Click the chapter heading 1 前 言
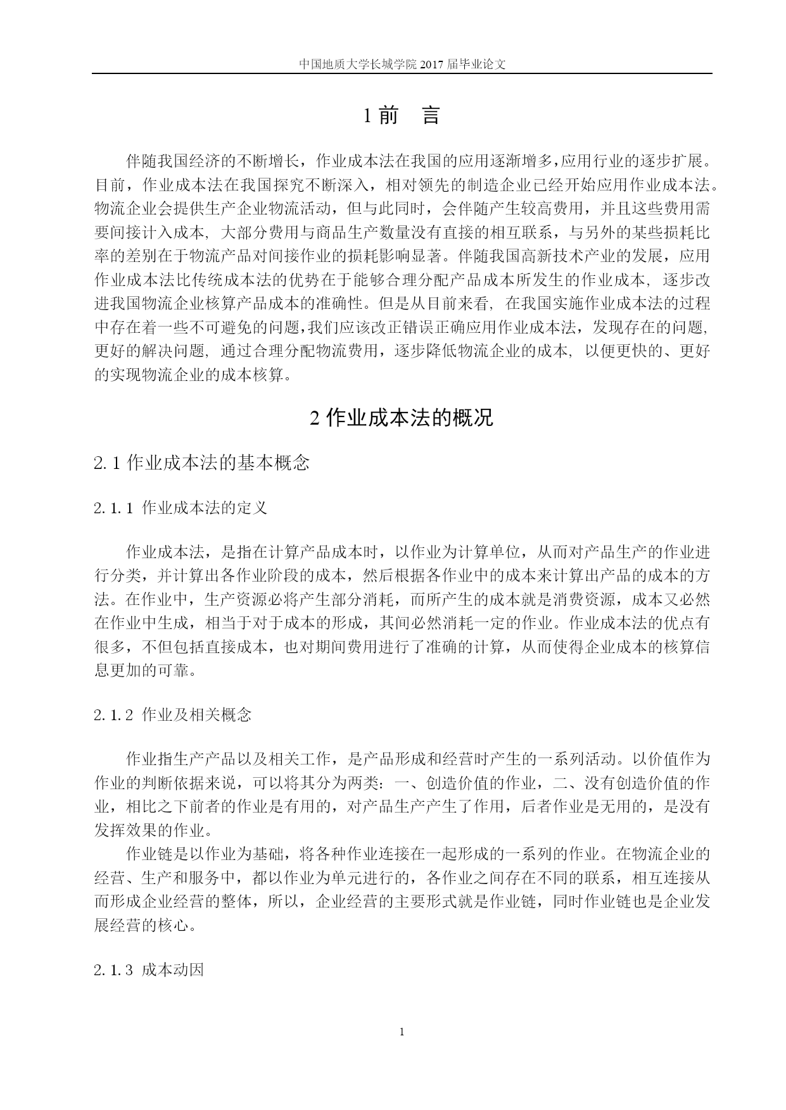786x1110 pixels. (402, 116)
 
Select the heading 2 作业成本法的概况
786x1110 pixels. (402, 418)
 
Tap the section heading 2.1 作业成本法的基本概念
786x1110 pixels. (201, 463)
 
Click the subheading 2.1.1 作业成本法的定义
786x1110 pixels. (181, 508)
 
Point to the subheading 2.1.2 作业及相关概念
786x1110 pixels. (173, 715)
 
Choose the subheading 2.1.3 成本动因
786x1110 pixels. (149, 970)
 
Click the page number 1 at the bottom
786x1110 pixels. (402, 1032)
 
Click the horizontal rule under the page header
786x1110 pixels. (402, 73)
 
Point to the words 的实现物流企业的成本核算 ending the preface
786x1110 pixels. (189, 375)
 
